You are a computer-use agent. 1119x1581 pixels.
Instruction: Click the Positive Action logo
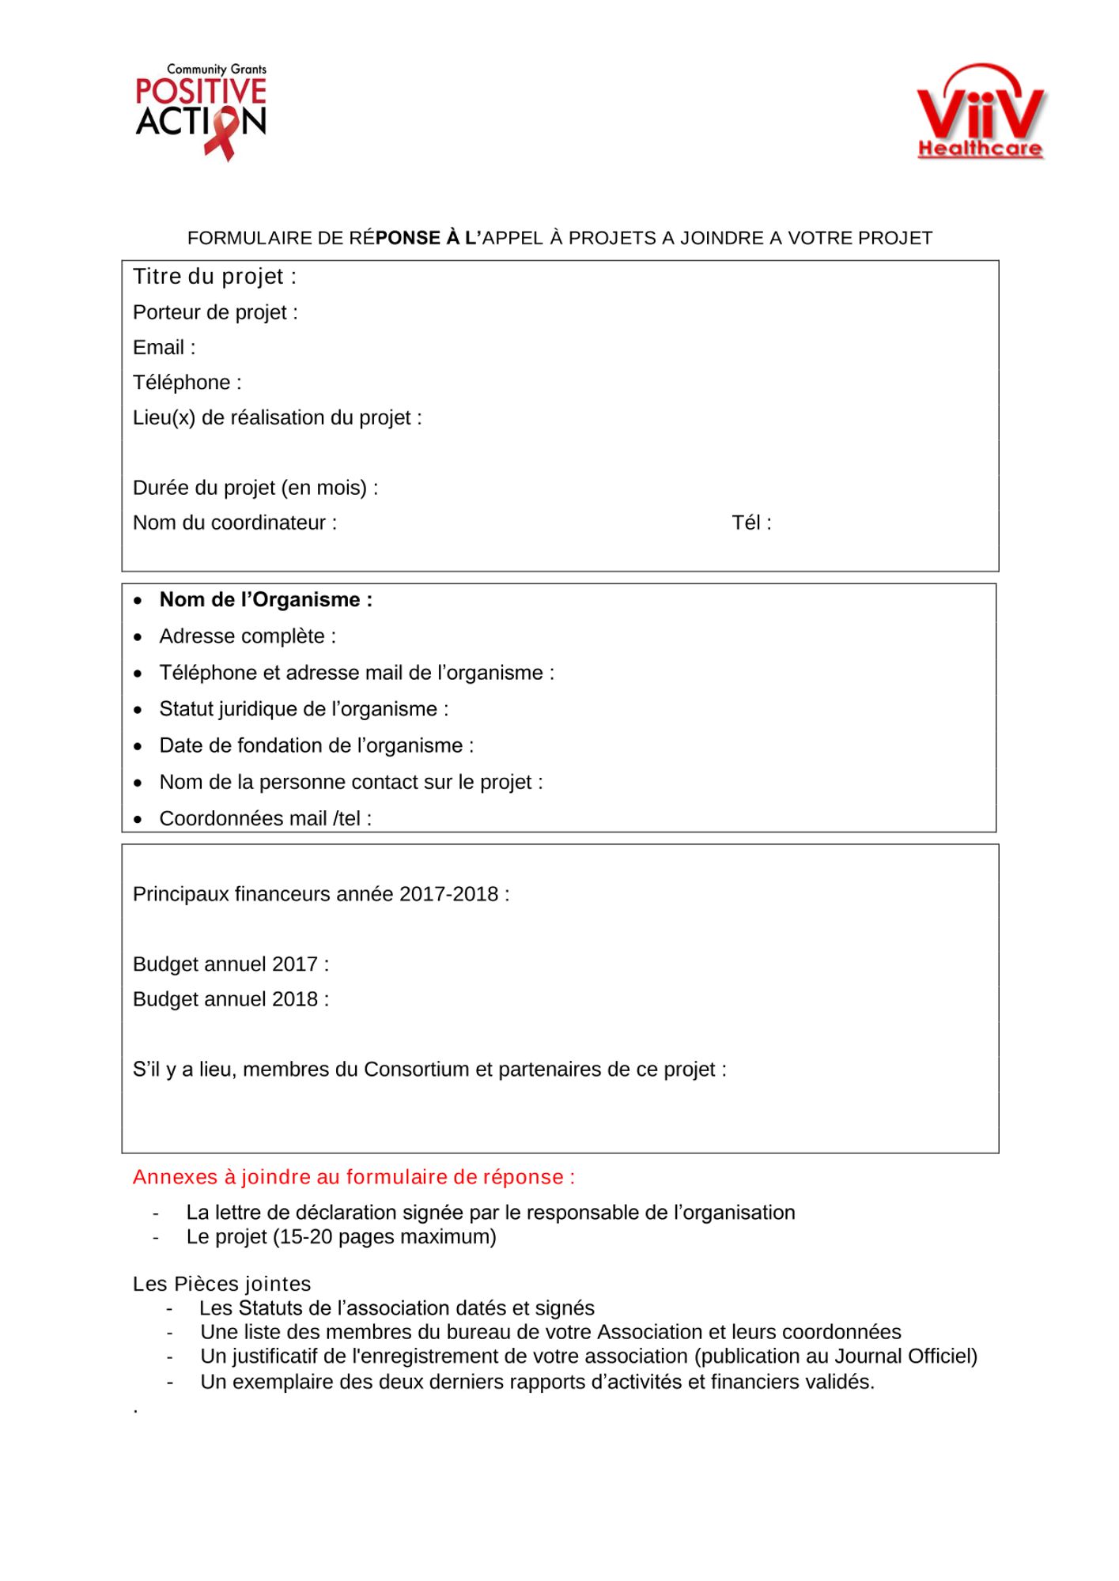click(x=201, y=111)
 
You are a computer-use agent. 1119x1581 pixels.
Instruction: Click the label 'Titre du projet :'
click(x=214, y=277)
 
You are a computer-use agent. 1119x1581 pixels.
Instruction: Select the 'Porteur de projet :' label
click(x=215, y=312)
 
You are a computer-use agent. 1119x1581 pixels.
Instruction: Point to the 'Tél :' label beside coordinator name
click(x=751, y=523)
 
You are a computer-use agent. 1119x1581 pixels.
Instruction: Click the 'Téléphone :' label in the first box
click(x=187, y=383)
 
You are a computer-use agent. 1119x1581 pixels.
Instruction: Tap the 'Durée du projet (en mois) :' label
click(x=255, y=488)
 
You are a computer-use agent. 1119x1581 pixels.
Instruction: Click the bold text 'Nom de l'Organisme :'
click(x=266, y=600)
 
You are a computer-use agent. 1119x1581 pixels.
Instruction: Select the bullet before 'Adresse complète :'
click(x=138, y=637)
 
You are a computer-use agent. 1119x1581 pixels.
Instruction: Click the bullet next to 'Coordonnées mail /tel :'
click(x=138, y=820)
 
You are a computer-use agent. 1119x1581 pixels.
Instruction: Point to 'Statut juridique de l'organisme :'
click(x=304, y=709)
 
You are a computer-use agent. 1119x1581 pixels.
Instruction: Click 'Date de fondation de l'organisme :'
click(x=316, y=745)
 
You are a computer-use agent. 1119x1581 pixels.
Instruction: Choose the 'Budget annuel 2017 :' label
click(x=231, y=964)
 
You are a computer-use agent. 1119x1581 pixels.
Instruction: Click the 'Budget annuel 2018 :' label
click(x=231, y=999)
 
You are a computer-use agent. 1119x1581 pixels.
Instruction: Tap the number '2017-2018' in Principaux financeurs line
click(x=448, y=894)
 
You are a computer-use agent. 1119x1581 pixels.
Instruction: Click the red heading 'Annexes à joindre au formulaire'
click(x=353, y=1177)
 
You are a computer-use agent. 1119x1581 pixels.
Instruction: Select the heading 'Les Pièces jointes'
click(x=222, y=1284)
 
